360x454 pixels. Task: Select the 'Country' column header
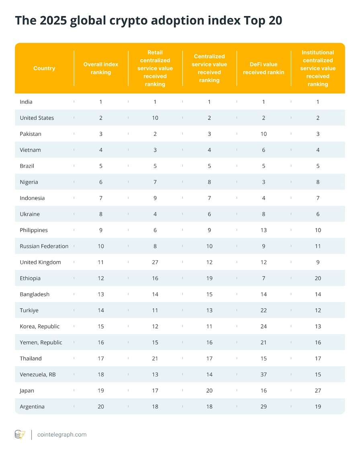coord(44,68)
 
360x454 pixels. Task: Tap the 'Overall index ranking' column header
coord(101,68)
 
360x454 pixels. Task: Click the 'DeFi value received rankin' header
coord(264,68)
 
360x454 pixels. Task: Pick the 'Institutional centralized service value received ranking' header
coord(318,68)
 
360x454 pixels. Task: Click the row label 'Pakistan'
coord(31,134)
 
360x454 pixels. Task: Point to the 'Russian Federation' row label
coord(44,246)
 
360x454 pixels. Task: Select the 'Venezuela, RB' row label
coord(38,375)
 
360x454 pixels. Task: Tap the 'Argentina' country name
coord(32,407)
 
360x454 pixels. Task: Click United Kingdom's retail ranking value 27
coord(155,262)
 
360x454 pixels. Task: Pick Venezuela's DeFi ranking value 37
coord(264,375)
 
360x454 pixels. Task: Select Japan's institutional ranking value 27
coord(318,391)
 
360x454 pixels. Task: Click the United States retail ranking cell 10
coord(155,118)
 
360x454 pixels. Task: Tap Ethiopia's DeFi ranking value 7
coord(264,278)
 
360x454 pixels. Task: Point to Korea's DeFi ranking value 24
coord(264,326)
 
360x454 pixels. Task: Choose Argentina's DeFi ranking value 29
coord(264,407)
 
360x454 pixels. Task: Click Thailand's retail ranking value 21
coord(155,358)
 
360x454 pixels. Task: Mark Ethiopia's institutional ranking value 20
coord(318,278)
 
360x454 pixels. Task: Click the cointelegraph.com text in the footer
coord(62,434)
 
